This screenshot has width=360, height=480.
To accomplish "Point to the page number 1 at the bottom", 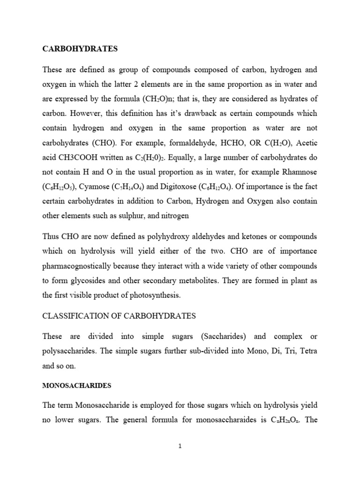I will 180,446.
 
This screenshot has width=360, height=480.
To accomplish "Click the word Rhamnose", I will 298,172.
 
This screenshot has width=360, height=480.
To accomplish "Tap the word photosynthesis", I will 163,295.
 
